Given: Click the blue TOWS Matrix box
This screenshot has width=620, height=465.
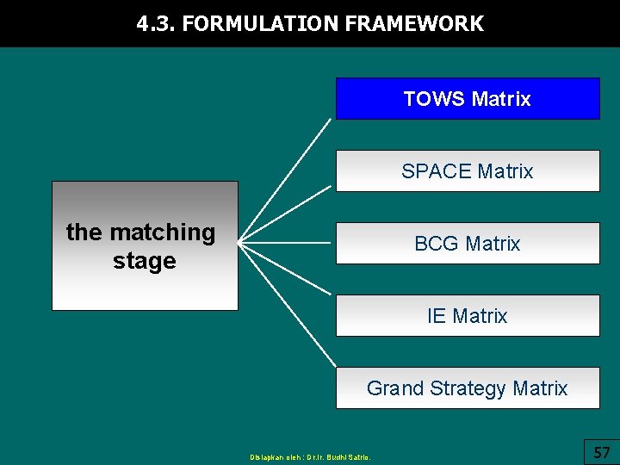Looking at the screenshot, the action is tap(467, 98).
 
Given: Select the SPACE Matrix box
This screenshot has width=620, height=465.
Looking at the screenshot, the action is tap(467, 170).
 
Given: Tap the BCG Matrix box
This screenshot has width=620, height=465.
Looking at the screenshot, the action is tap(467, 243).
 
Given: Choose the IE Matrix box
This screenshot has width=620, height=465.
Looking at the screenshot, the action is tap(467, 315).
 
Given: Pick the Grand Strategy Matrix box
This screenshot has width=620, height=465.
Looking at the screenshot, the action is tap(467, 387).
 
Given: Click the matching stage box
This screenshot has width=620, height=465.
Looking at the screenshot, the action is tap(145, 245).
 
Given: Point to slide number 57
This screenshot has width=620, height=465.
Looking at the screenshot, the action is tap(602, 451).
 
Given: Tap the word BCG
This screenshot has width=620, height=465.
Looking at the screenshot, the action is tap(435, 244).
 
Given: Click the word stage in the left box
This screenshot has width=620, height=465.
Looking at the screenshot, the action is tap(145, 261).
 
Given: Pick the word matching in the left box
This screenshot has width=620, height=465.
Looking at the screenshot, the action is tap(164, 232).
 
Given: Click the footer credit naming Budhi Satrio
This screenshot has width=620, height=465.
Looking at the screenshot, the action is tap(310, 457).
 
